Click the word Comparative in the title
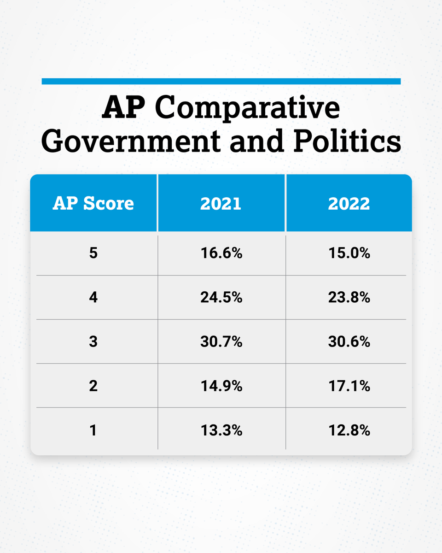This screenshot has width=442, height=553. click(248, 109)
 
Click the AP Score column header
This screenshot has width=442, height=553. click(93, 203)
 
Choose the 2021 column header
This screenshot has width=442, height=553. click(221, 203)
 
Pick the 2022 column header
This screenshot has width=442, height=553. click(349, 203)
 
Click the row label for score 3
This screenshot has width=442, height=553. click(93, 342)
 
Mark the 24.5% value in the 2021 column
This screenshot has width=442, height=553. click(221, 298)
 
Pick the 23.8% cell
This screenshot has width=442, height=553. click(349, 298)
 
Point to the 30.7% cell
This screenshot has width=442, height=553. click(221, 342)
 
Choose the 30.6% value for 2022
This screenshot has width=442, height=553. click(349, 342)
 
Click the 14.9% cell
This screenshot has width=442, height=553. click(221, 386)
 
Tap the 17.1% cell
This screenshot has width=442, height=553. click(349, 386)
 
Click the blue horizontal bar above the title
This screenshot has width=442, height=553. click(221, 82)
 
